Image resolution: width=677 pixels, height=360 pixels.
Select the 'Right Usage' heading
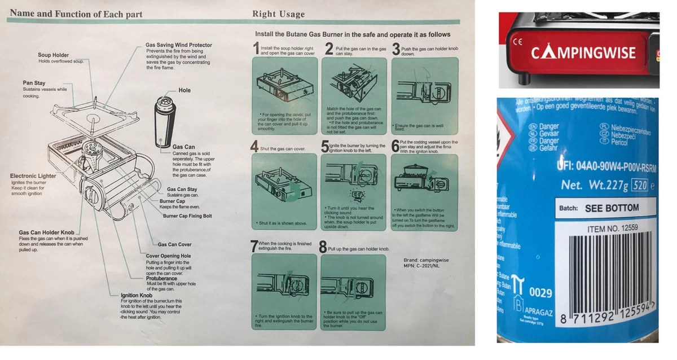(278, 14)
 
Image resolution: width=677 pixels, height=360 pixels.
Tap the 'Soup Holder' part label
(53, 55)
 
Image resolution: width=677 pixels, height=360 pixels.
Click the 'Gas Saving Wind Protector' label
(179, 45)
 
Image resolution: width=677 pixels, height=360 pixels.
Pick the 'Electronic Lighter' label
(33, 176)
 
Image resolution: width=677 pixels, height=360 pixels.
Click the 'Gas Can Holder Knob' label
(46, 232)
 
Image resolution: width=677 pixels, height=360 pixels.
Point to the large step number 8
(323, 247)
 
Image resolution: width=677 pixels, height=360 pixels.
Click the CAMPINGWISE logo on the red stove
(583, 54)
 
